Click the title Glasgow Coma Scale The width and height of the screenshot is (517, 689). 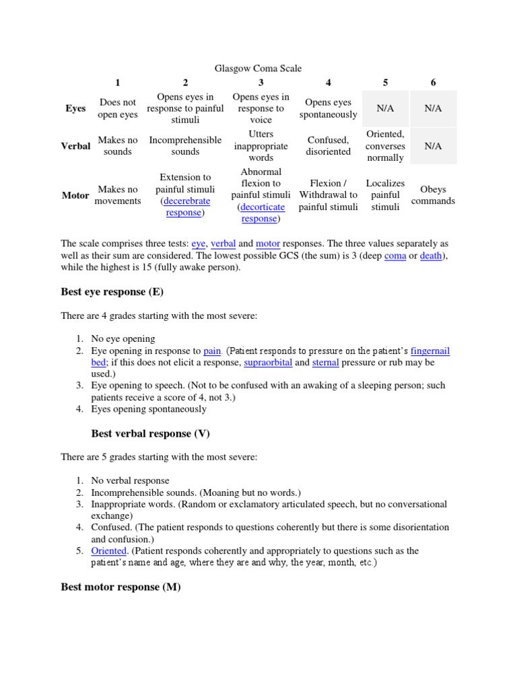(x=258, y=68)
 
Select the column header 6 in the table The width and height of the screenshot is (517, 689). (x=433, y=82)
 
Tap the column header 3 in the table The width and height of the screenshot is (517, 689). (x=261, y=82)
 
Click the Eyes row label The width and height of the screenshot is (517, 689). (x=75, y=108)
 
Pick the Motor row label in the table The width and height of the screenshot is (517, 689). (x=75, y=195)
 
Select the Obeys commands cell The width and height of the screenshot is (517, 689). (x=433, y=195)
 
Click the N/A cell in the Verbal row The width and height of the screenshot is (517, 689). (x=433, y=146)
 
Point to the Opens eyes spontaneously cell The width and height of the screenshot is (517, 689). (x=328, y=108)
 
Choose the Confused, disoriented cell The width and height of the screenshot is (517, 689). (x=328, y=146)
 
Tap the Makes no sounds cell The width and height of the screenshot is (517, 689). (x=118, y=146)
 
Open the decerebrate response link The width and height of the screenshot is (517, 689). (x=184, y=207)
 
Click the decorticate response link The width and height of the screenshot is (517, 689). (x=261, y=213)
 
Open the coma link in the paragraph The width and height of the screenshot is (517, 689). (x=394, y=256)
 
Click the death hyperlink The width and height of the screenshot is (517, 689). (x=431, y=256)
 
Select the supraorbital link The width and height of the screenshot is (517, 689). (x=267, y=362)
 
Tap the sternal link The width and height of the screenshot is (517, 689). (x=325, y=362)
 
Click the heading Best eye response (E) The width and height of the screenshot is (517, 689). (x=112, y=292)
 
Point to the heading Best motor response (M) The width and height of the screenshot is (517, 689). (x=120, y=587)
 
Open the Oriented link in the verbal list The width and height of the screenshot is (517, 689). (x=108, y=550)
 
